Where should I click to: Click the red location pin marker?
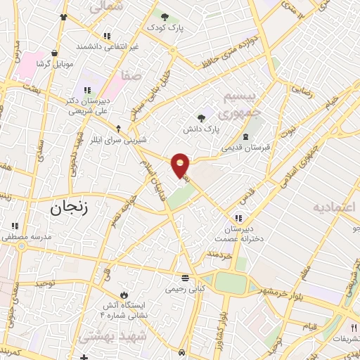(x=181, y=165)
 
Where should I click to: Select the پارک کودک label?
(x=165, y=27)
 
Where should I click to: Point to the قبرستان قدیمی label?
(x=245, y=148)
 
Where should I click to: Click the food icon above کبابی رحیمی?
(x=184, y=277)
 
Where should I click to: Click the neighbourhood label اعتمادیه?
(x=335, y=208)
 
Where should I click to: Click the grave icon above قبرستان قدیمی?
(x=245, y=136)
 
